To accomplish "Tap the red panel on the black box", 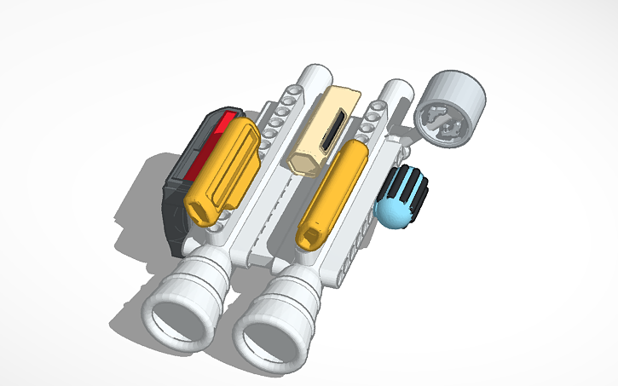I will pyautogui.click(x=207, y=141).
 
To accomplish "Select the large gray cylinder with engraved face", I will pyautogui.click(x=453, y=108).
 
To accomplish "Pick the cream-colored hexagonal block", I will pyautogui.click(x=328, y=128).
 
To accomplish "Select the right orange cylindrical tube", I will pyautogui.click(x=332, y=192).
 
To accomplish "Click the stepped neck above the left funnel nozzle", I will pyautogui.click(x=203, y=268).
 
